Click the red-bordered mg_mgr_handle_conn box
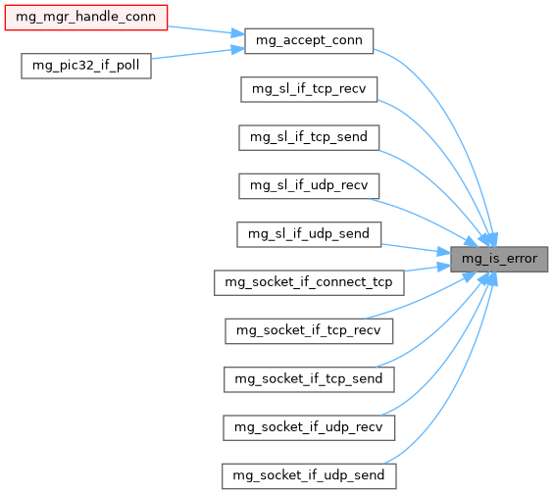[86, 18]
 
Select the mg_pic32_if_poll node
[86, 66]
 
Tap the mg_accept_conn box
[309, 41]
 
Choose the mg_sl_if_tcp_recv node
[309, 89]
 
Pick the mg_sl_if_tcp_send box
[309, 137]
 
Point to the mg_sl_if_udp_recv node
[309, 186]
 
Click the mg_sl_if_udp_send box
[309, 234]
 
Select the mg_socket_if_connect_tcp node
[309, 283]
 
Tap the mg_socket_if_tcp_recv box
[309, 331]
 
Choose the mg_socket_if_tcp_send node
[309, 379]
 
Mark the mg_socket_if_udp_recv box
[309, 427]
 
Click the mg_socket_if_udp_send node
[309, 476]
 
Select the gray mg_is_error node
[499, 259]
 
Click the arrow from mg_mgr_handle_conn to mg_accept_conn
[206, 30]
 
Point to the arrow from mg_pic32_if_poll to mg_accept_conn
[198, 53]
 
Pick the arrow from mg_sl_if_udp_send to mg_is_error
[416, 249]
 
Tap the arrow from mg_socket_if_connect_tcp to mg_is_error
[427, 268]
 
